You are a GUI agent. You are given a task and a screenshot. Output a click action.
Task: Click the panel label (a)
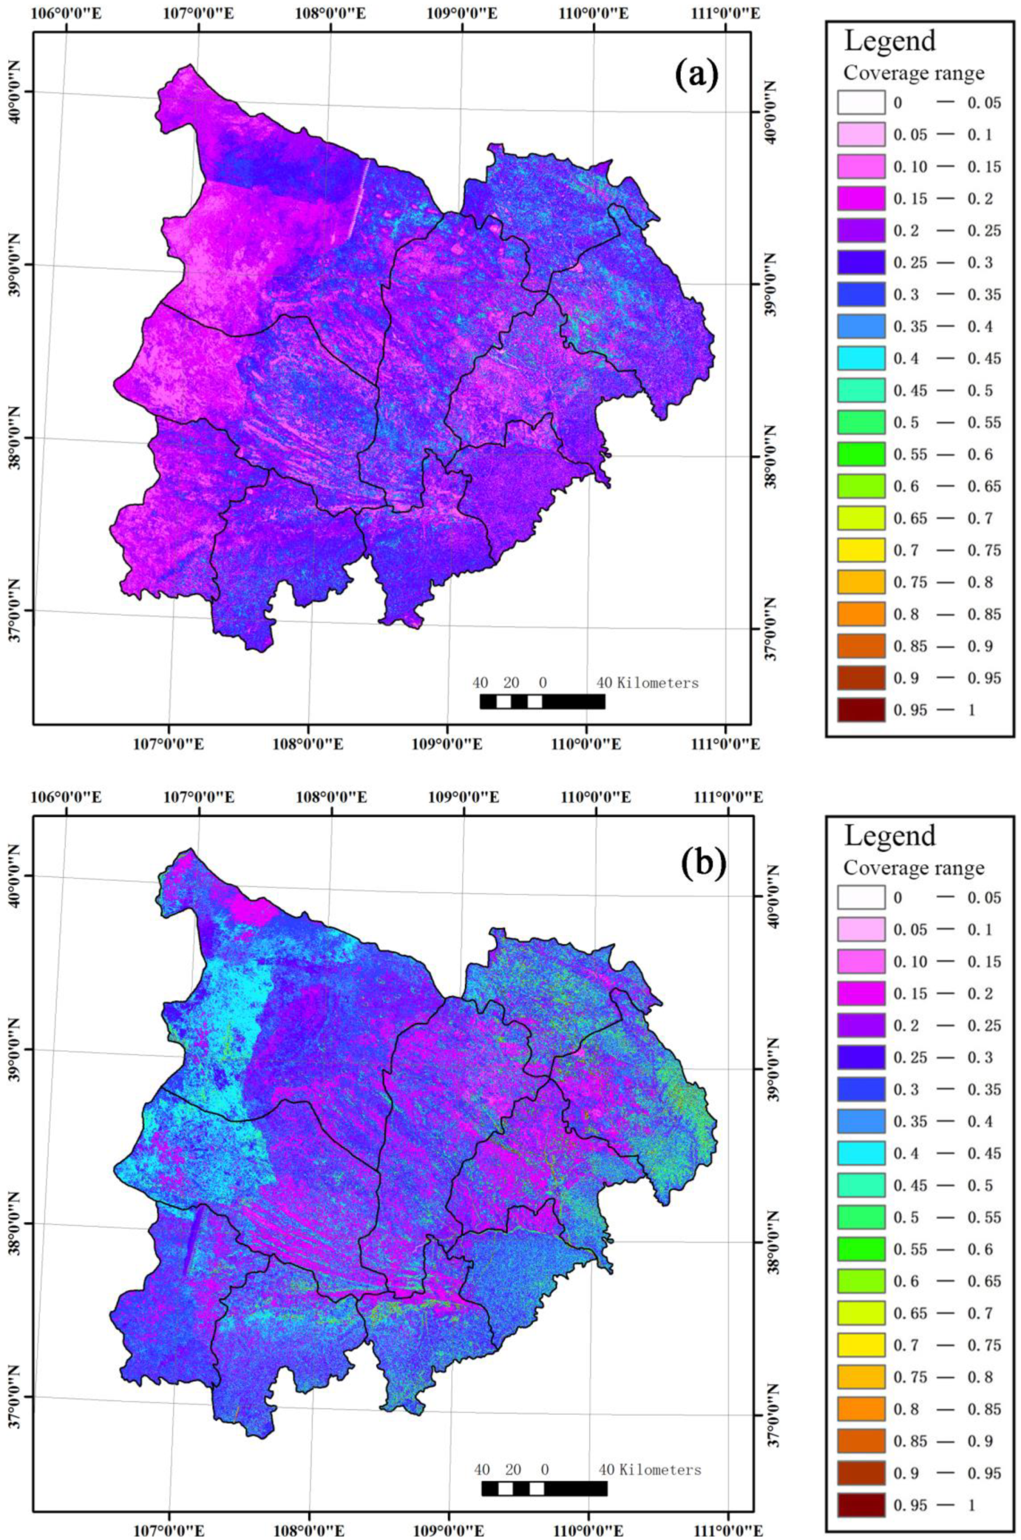697,76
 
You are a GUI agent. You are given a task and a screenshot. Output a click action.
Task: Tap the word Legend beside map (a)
890,41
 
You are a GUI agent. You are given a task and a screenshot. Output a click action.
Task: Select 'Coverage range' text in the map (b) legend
914,868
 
